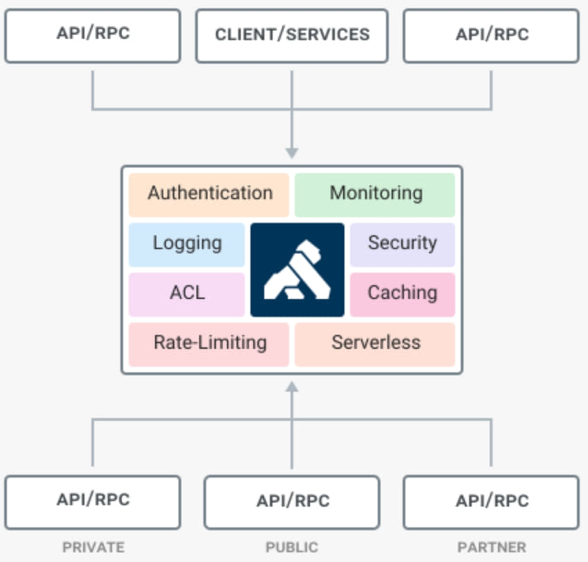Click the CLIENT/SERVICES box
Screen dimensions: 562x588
click(x=292, y=35)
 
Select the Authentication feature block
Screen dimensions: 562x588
click(x=209, y=193)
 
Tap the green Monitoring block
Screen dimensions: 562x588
click(x=375, y=193)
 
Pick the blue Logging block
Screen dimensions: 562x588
click(x=187, y=244)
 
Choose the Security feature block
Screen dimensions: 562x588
click(x=402, y=244)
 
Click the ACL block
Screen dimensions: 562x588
click(x=187, y=293)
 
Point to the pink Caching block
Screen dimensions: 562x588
click(x=402, y=293)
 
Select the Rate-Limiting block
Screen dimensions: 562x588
click(x=209, y=343)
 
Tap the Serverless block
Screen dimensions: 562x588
click(x=375, y=343)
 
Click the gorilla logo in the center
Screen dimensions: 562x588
click(x=297, y=269)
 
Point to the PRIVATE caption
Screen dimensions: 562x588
click(x=93, y=547)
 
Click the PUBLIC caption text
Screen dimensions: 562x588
click(x=292, y=547)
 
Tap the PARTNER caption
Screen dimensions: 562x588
click(x=491, y=547)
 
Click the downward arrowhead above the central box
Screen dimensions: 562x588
click(x=292, y=152)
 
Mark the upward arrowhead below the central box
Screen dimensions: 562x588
click(x=292, y=388)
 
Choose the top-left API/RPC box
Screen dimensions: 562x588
click(x=93, y=35)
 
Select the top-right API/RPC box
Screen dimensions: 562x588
click(x=491, y=35)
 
